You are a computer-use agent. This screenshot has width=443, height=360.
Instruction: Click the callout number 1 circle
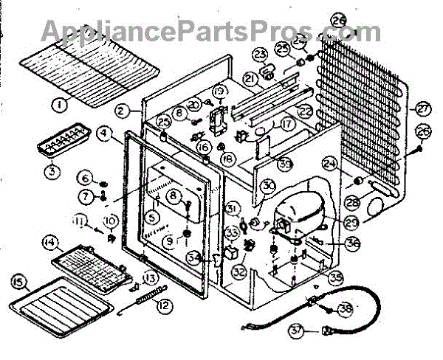57,106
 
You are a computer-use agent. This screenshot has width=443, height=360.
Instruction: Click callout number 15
18,280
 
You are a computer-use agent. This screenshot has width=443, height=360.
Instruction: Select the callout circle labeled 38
345,310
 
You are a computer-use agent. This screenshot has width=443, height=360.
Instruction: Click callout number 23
261,55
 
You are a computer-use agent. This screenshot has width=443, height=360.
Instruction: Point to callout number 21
250,78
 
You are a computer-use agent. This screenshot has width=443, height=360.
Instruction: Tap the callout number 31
233,208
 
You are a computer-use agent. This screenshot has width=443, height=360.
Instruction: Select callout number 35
337,277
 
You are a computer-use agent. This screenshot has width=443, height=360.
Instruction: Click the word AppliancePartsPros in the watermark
210,30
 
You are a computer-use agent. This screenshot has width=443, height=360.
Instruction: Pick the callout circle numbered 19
219,91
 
